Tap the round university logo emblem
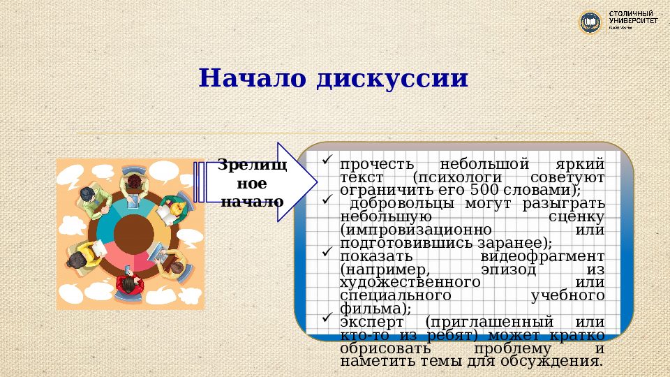[591, 22]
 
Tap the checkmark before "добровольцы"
[327, 200]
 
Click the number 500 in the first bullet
[484, 190]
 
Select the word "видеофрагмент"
[534, 256]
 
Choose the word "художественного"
[410, 282]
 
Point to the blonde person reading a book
[170, 206]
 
